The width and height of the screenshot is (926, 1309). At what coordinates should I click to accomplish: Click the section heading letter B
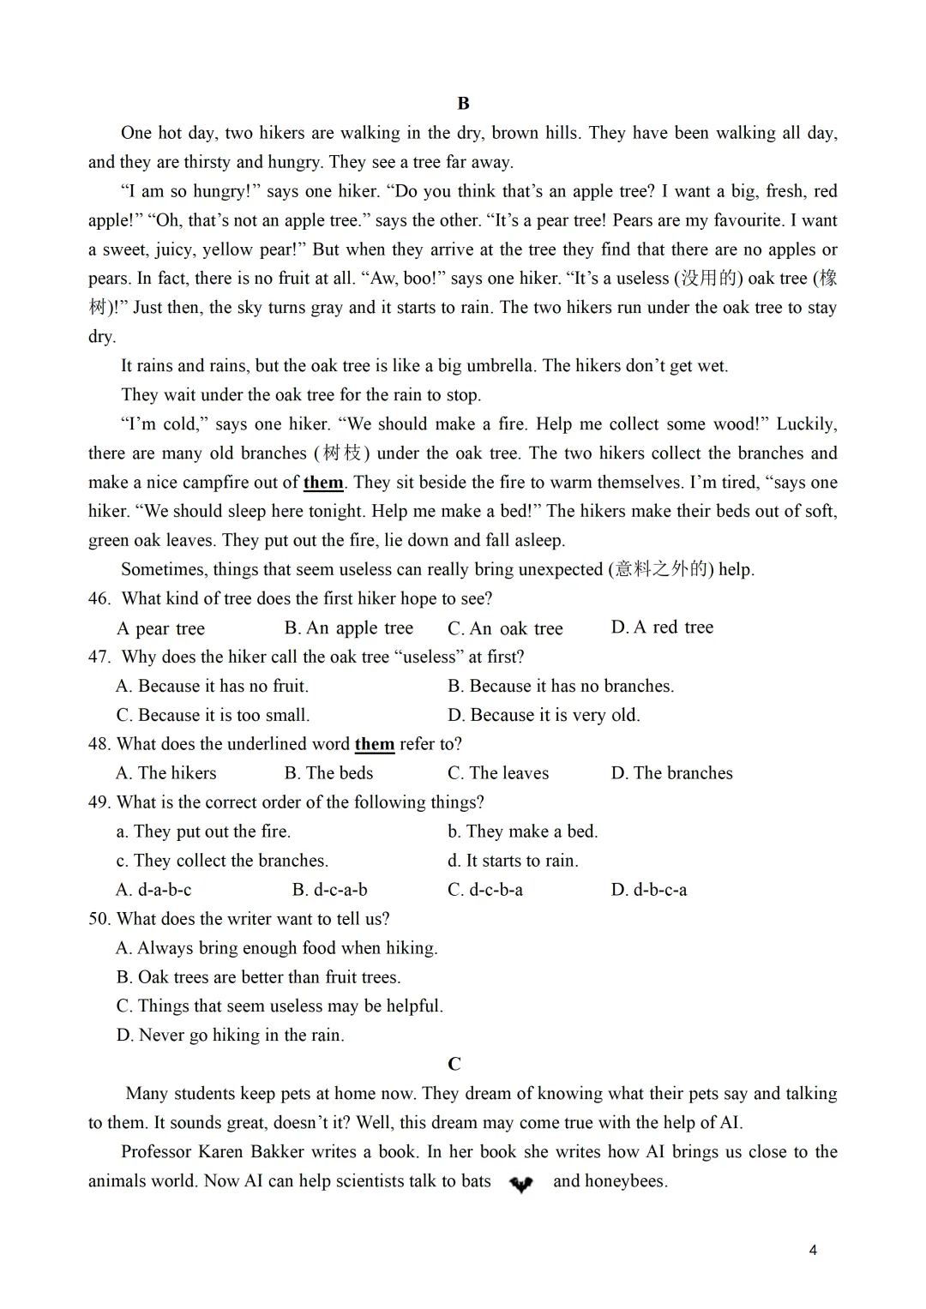(463, 104)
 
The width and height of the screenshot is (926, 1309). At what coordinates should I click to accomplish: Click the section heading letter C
(454, 1064)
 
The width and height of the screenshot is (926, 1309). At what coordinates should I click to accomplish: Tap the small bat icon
(521, 1184)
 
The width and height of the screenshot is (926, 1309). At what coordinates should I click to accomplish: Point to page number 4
(813, 1250)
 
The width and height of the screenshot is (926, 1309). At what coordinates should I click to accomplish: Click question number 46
(99, 598)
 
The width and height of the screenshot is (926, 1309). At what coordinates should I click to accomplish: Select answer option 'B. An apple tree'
(348, 628)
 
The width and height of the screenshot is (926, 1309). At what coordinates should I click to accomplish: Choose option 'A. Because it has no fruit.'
(212, 686)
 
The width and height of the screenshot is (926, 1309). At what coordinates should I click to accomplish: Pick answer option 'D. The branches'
(671, 773)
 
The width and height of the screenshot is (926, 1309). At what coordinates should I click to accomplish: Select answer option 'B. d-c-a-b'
(329, 890)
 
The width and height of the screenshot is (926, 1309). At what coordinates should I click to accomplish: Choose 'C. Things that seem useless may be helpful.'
(280, 1006)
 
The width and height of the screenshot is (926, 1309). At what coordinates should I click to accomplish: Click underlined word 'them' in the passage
(323, 483)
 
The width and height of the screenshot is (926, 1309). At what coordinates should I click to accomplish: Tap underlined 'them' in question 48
(375, 744)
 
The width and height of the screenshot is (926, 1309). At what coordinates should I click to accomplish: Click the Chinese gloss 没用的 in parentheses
(708, 279)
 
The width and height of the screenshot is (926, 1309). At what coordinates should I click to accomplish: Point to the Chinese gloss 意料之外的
(661, 570)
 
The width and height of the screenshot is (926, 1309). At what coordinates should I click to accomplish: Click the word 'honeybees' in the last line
(624, 1181)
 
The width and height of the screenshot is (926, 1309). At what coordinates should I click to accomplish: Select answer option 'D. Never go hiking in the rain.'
(230, 1036)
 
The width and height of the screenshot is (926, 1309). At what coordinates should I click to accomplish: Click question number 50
(99, 919)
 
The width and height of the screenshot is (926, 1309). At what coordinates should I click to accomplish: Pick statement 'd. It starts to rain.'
(513, 861)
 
